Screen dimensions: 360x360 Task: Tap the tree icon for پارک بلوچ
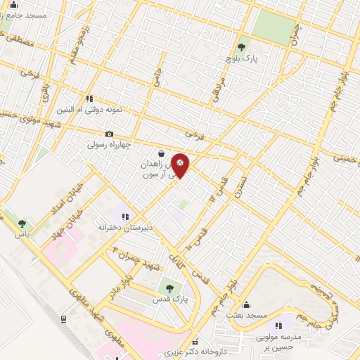coord(242,47)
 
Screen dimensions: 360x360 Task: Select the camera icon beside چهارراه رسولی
coord(109,134)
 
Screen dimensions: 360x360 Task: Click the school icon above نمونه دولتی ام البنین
coord(89,98)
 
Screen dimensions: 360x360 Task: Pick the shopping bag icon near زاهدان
coord(162,153)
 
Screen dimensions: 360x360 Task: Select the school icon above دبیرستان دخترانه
coord(126,217)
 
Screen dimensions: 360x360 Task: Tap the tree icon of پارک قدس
coord(168,288)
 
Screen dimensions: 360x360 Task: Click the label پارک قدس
coord(168,300)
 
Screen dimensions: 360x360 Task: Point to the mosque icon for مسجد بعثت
coord(246,304)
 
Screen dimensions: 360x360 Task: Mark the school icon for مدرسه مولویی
coord(279,326)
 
